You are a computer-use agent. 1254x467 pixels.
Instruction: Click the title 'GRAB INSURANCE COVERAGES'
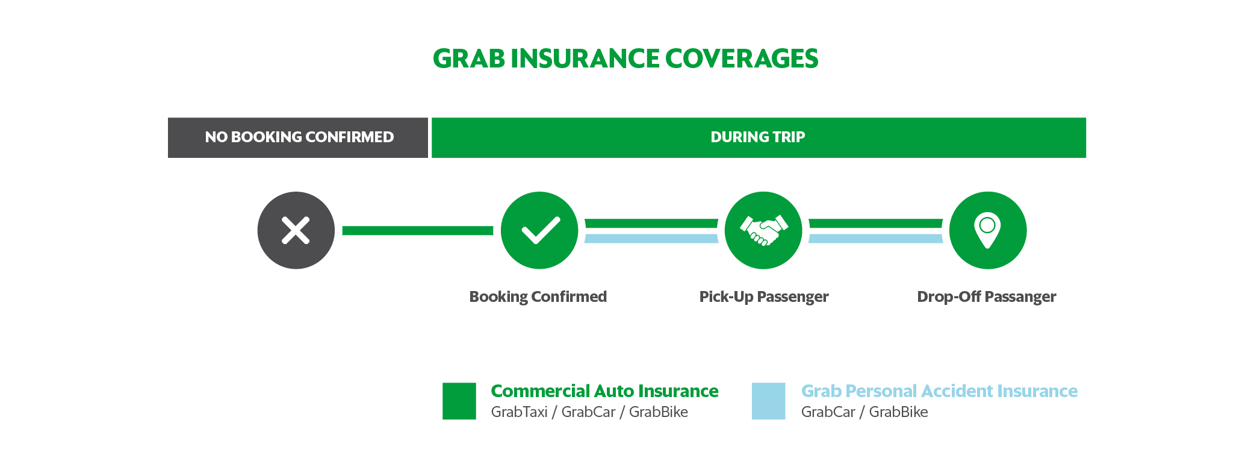tap(625, 58)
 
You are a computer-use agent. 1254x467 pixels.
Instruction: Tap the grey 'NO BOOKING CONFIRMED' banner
tap(298, 137)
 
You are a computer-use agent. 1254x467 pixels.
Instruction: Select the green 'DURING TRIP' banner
tap(759, 137)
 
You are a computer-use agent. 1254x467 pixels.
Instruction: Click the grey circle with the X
tap(296, 230)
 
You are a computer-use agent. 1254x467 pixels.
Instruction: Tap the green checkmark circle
tap(539, 230)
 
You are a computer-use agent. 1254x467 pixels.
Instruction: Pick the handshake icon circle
tap(763, 230)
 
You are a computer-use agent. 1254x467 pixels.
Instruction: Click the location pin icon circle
tap(988, 230)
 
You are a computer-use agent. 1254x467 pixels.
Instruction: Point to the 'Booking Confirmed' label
tap(538, 297)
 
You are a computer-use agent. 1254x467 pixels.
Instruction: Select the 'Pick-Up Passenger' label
tap(763, 297)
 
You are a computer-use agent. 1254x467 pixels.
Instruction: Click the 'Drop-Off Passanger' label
tap(986, 297)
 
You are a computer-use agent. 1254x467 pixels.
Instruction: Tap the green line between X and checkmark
tap(418, 230)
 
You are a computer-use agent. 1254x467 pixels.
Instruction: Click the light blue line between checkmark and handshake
tap(651, 239)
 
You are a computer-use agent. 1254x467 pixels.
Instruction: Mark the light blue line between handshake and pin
tap(875, 239)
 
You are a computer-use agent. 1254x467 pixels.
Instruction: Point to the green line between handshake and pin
tap(875, 224)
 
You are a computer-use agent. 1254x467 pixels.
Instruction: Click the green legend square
tap(459, 401)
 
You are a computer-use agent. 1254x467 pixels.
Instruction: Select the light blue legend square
tap(769, 401)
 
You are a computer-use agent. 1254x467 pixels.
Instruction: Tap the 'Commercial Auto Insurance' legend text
tap(604, 391)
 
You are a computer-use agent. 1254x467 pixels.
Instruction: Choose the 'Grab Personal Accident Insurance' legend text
tap(939, 391)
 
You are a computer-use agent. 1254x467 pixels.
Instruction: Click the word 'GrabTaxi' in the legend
tap(519, 412)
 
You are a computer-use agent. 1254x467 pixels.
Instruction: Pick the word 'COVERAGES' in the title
tap(742, 58)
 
